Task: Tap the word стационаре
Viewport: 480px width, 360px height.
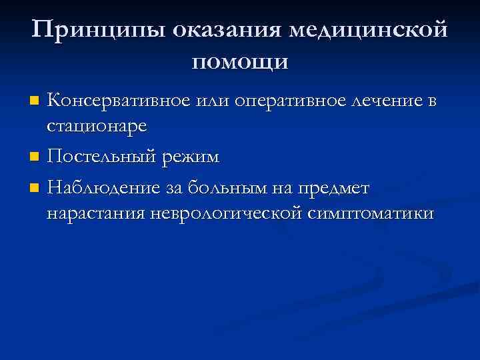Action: (x=97, y=125)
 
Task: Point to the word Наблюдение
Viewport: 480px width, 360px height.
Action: (x=103, y=189)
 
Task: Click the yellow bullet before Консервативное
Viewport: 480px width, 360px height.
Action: (x=35, y=101)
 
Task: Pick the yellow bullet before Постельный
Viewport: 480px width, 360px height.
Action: (x=35, y=157)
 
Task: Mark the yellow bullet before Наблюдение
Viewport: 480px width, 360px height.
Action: (x=35, y=189)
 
